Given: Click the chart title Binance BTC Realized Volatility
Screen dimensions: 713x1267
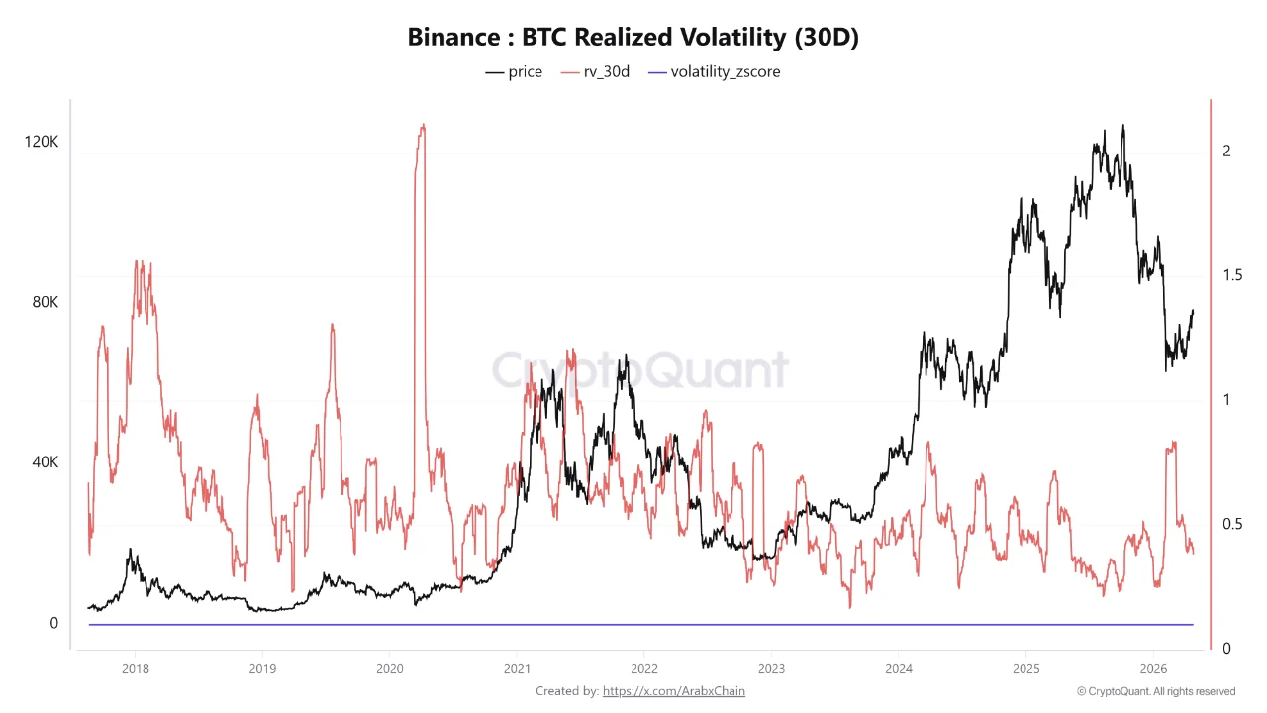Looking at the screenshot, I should pyautogui.click(x=633, y=38).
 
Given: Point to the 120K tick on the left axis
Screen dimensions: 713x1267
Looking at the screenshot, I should pyautogui.click(x=41, y=142).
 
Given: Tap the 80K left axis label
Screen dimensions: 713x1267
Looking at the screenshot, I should pyautogui.click(x=45, y=302).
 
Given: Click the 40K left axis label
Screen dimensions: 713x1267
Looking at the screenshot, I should pyautogui.click(x=45, y=462).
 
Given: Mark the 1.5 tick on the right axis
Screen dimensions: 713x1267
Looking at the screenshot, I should pyautogui.click(x=1231, y=275).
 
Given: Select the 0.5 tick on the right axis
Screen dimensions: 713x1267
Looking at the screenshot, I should pyautogui.click(x=1231, y=524).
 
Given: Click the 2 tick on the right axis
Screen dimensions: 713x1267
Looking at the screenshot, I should pyautogui.click(x=1226, y=151).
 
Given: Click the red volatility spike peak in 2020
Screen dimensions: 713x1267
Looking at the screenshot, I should pyautogui.click(x=423, y=126).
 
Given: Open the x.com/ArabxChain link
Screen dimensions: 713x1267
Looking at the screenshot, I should pyautogui.click(x=673, y=691).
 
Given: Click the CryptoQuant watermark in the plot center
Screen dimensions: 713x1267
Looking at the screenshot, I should pyautogui.click(x=640, y=370).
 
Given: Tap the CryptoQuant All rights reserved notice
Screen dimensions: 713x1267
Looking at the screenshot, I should pyautogui.click(x=1155, y=691).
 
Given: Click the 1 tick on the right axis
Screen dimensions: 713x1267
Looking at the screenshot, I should pyautogui.click(x=1226, y=399).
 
